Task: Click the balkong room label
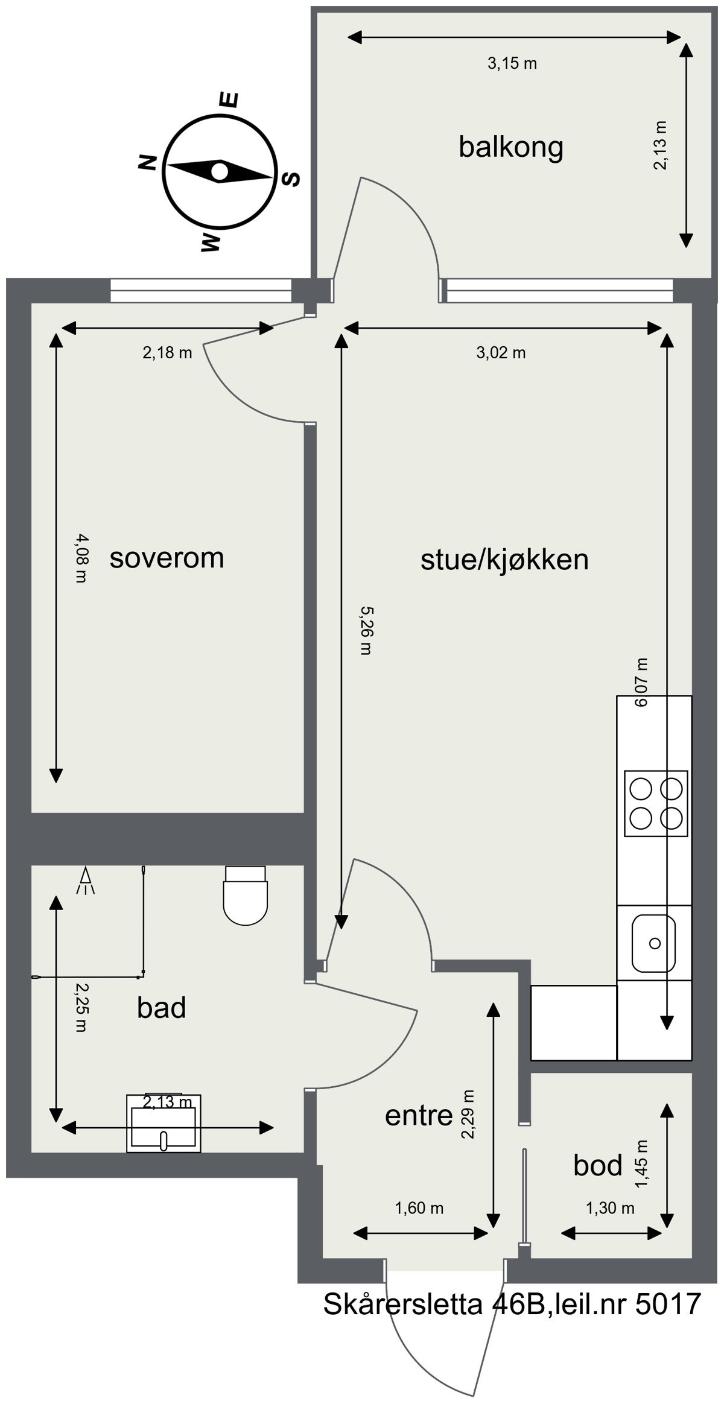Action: pos(510,147)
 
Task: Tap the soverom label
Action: pos(167,558)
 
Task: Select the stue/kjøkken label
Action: pos(504,560)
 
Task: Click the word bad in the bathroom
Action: pos(161,1008)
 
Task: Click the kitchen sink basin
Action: pos(653,943)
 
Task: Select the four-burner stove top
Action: pos(656,803)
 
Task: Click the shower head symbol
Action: pos(86,881)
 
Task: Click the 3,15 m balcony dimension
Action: pos(512,63)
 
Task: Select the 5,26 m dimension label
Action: pos(366,630)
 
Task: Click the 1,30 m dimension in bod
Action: pos(610,1208)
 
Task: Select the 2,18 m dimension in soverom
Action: pos(167,353)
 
